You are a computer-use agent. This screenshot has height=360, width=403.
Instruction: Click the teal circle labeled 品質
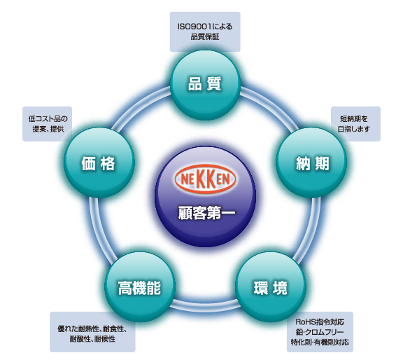205,85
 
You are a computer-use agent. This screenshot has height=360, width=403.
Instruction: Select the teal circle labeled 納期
311,162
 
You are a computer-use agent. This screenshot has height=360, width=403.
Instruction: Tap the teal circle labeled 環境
271,287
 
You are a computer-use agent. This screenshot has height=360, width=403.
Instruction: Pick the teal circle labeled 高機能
140,287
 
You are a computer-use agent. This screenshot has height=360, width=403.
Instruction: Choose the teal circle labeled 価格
99,162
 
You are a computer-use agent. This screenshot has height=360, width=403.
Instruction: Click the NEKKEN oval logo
205,179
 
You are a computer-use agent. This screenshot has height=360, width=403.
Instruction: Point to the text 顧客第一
206,213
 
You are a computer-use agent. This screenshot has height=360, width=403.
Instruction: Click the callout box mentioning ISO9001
205,32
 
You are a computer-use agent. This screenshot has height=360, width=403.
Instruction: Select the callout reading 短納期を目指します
355,124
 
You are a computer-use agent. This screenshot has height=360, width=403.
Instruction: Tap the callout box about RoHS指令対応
320,332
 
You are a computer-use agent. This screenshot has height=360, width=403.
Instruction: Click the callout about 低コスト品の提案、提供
48,124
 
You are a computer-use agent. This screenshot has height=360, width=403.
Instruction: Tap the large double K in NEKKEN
206,179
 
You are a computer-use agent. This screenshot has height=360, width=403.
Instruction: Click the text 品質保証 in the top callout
205,37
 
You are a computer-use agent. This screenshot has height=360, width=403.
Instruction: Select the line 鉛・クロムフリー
320,332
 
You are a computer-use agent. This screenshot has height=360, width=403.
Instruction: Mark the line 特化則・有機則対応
320,342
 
